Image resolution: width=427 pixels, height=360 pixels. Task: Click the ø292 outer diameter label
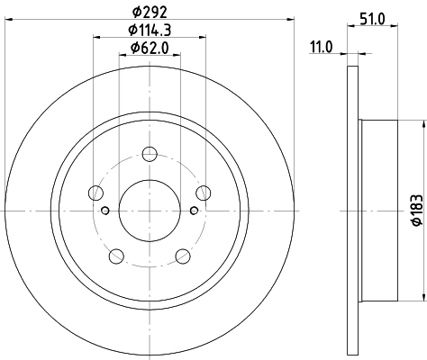click(x=150, y=13)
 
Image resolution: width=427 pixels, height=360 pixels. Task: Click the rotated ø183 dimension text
click(x=415, y=209)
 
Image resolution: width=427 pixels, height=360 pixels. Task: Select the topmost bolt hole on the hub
click(x=150, y=153)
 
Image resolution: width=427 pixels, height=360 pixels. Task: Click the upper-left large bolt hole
click(x=95, y=191)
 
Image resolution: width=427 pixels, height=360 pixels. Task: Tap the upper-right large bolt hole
click(x=204, y=191)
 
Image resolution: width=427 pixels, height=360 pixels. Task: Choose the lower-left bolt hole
click(x=116, y=255)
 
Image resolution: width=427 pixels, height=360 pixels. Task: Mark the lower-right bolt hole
click(x=183, y=255)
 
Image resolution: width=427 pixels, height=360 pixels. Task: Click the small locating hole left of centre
click(x=105, y=211)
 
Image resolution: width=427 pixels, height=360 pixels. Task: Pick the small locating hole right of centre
click(x=194, y=211)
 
